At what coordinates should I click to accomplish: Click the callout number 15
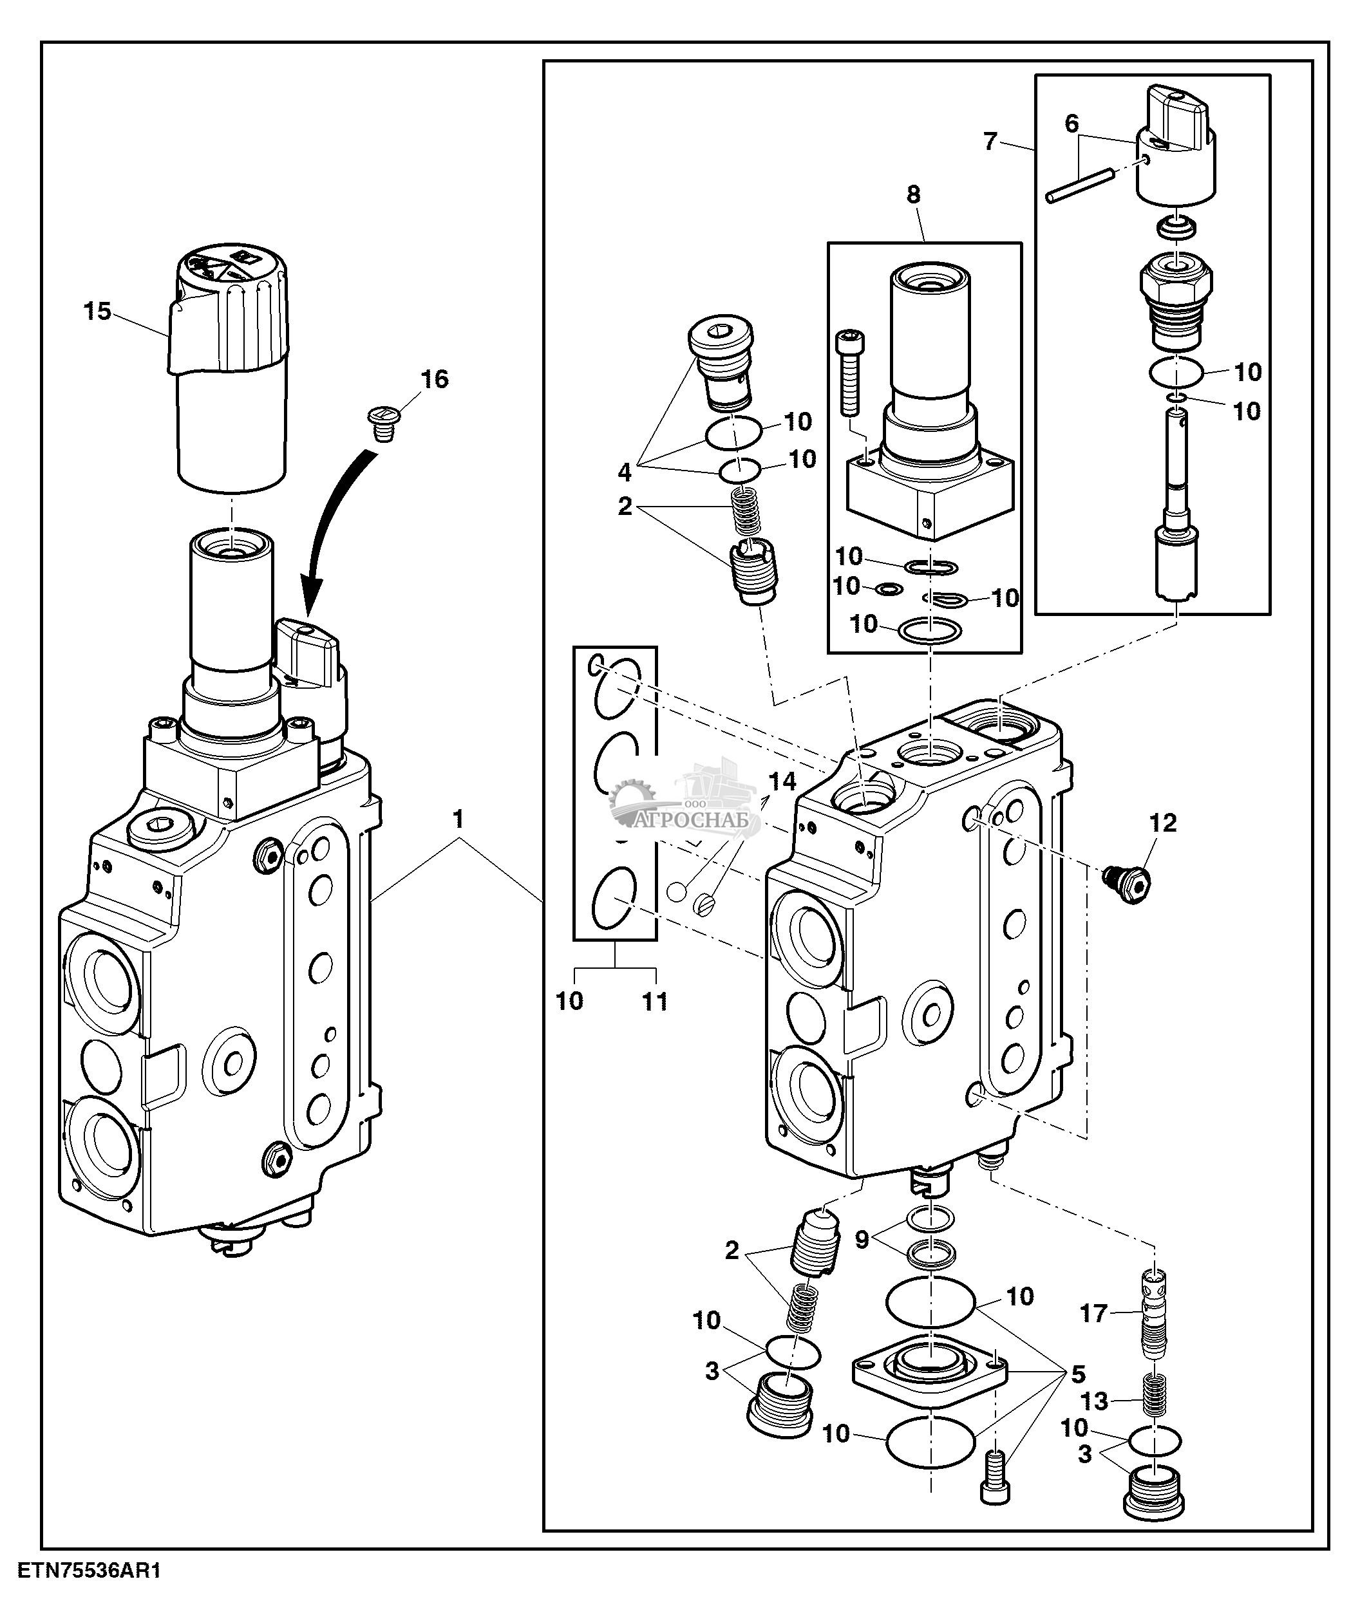(x=98, y=312)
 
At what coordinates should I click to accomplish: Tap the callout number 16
(x=434, y=378)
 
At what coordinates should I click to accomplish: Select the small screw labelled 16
(x=380, y=424)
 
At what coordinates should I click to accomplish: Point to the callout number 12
(x=1163, y=823)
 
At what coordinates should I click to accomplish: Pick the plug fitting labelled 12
(x=1126, y=884)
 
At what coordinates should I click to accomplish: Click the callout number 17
(x=1093, y=1313)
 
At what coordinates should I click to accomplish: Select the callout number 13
(x=1094, y=1401)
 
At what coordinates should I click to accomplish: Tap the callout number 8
(x=914, y=194)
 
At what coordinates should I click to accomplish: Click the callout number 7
(x=990, y=141)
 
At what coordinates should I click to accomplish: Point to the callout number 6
(x=1072, y=124)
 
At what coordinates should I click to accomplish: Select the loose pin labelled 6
(x=1079, y=186)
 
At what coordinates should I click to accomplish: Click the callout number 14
(x=782, y=781)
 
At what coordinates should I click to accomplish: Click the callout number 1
(x=458, y=819)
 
